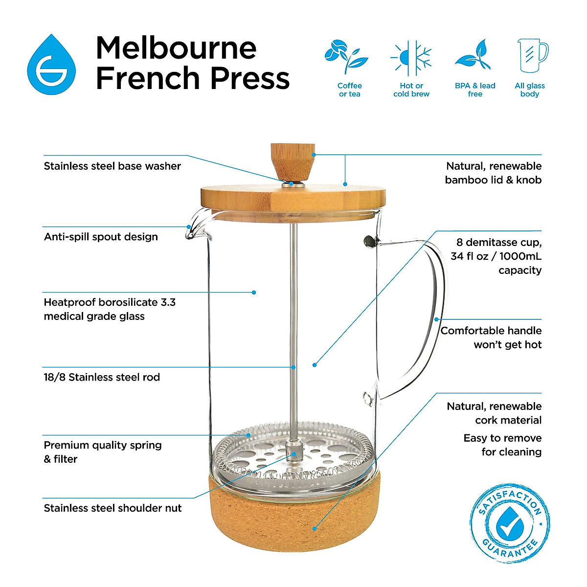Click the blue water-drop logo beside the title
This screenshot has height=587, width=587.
click(x=51, y=65)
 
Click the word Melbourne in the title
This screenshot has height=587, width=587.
click(x=176, y=48)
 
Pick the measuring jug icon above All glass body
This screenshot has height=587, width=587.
click(x=532, y=56)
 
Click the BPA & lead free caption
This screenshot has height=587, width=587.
click(x=475, y=90)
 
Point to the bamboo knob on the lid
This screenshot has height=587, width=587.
click(x=292, y=161)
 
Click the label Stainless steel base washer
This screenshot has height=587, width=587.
click(x=112, y=166)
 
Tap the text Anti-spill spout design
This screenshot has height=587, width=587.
click(x=101, y=237)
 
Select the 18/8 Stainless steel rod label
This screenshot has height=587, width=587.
click(x=102, y=377)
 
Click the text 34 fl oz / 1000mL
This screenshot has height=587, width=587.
click(x=496, y=256)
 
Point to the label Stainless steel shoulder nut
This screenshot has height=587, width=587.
click(x=113, y=508)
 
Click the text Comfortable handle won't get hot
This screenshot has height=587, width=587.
click(x=491, y=338)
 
